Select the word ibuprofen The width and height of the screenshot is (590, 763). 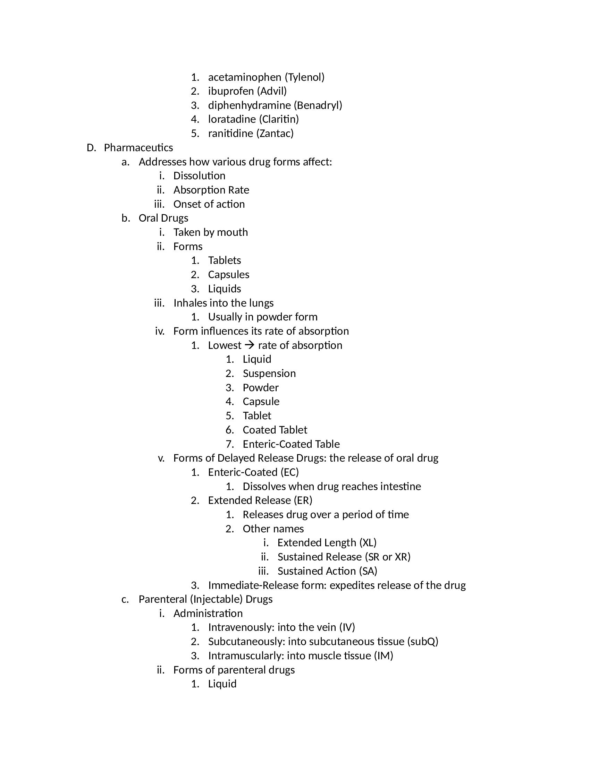tap(231, 91)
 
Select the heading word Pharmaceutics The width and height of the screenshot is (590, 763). tap(138, 148)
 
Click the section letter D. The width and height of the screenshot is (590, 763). tap(91, 148)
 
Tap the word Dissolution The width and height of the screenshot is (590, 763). tap(199, 176)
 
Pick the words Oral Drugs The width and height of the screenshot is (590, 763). tap(163, 218)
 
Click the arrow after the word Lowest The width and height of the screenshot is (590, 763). tap(250, 345)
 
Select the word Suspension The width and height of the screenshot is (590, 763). tap(269, 374)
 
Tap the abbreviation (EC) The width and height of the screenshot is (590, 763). tap(290, 472)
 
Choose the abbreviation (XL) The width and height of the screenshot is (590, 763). tap(368, 543)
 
